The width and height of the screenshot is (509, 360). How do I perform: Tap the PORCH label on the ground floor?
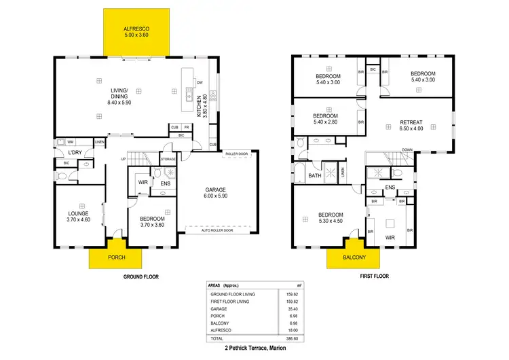click(x=116, y=257)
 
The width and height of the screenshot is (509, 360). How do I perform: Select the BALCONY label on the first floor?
click(x=354, y=257)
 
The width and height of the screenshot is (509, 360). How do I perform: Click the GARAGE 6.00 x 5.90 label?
click(x=214, y=194)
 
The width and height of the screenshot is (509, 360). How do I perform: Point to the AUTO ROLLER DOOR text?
click(x=216, y=230)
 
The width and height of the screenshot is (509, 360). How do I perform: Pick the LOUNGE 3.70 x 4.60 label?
click(x=79, y=216)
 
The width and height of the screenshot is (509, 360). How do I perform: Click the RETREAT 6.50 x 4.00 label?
click(x=411, y=125)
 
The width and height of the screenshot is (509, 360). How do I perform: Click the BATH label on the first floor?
click(x=315, y=176)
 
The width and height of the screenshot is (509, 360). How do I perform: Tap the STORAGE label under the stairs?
click(x=168, y=160)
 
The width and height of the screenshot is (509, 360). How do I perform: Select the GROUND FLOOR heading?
click(x=141, y=278)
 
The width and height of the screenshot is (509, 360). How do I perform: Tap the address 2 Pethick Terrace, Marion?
click(x=254, y=347)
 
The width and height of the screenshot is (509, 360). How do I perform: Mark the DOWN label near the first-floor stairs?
click(x=407, y=150)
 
